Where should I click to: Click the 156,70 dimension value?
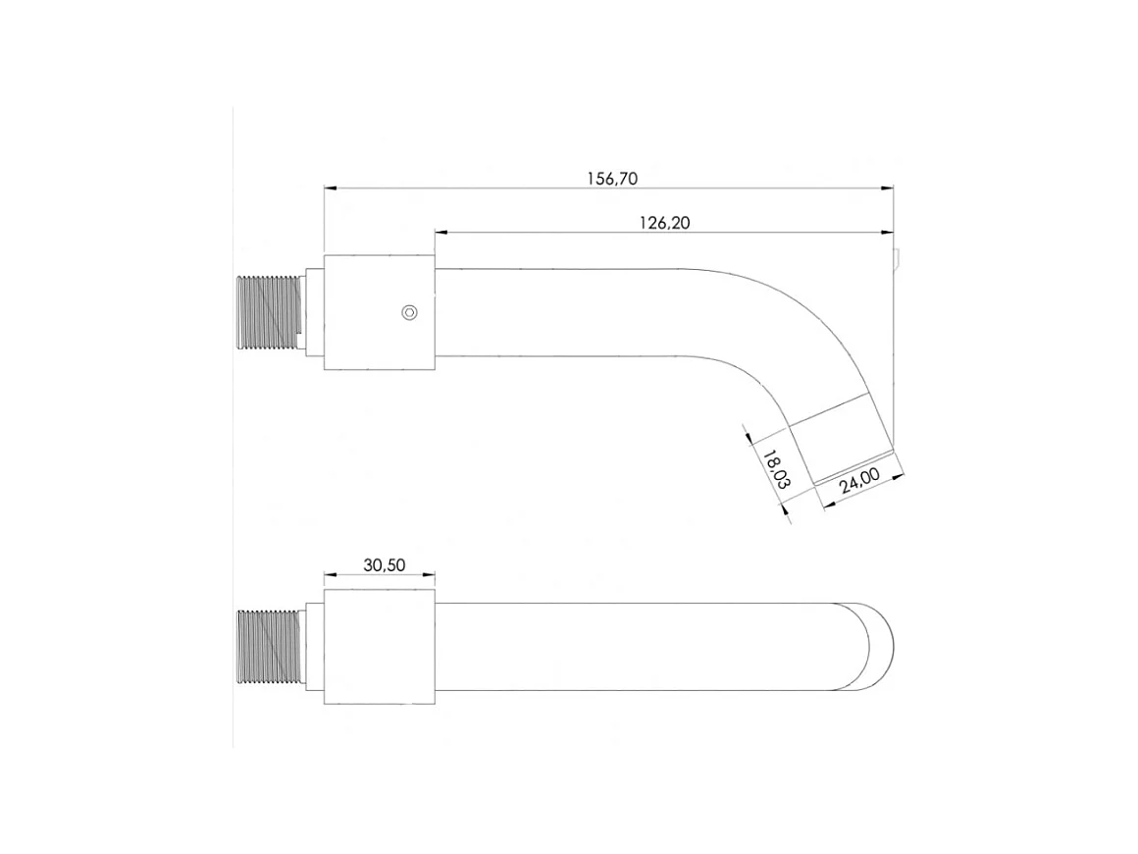coord(612,179)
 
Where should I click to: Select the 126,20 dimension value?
coord(665,223)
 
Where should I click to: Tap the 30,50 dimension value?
coord(384,565)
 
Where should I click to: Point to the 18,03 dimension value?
coord(774,468)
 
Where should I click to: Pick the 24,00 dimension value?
coord(860,481)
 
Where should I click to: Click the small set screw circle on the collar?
coord(410,313)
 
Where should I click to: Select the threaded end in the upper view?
coord(270,313)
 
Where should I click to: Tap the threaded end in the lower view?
coord(269,646)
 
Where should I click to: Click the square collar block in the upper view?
coord(379,313)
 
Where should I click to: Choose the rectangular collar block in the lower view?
coord(379,646)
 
